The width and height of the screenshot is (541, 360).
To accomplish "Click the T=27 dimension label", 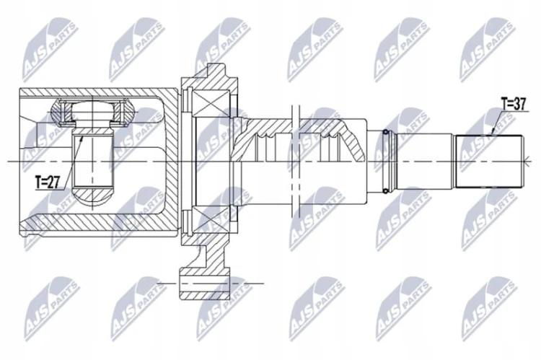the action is tap(48, 182).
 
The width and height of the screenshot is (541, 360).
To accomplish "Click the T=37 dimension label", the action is tap(514, 104).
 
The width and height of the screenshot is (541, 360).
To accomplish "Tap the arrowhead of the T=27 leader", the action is tap(82, 137).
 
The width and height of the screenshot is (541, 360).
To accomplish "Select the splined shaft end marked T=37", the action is tap(489, 161).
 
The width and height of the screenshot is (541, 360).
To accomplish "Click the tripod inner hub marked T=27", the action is tap(93, 158).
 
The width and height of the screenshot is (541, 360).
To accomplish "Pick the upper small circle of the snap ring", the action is tap(385, 132).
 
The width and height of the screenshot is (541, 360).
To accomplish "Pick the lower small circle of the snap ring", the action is tap(385, 190).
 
